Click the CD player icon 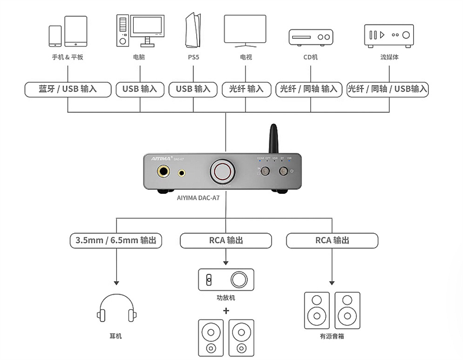click(311, 36)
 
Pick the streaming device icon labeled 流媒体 click(389, 35)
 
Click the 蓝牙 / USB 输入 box click(68, 89)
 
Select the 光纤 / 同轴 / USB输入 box click(387, 89)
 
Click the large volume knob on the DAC click(224, 171)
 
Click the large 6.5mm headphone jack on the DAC click(164, 172)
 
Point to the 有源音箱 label click(332, 336)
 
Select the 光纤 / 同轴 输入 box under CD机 click(308, 89)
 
